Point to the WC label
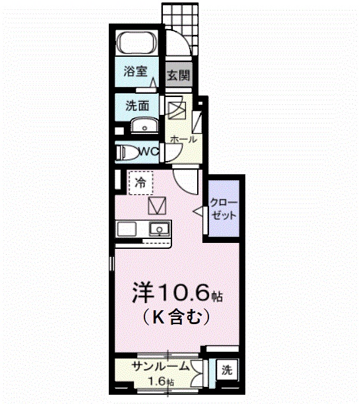coord(149,152)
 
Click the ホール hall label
coord(183,139)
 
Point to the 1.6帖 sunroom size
coord(160,381)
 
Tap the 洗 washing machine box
coord(226,370)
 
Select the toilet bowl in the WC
coord(129,152)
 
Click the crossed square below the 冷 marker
coord(159,206)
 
